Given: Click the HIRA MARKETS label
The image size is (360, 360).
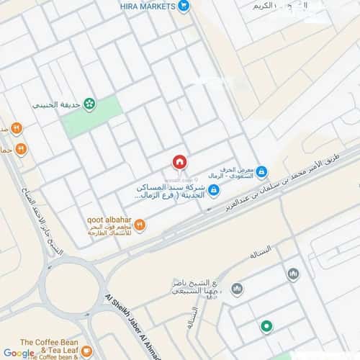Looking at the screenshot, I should point(148,6).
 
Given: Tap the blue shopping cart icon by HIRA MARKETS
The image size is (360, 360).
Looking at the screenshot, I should point(184,6).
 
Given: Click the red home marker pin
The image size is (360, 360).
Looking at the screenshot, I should point(179,162).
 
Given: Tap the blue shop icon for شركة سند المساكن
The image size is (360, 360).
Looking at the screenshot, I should point(214,190).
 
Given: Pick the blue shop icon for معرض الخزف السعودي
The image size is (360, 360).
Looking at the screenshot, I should point(261,171).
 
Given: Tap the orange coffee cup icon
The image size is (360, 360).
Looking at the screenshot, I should point(86,351).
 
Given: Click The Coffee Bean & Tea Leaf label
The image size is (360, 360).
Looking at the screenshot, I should point(48,344).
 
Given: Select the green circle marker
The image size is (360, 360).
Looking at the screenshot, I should point(266,327).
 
